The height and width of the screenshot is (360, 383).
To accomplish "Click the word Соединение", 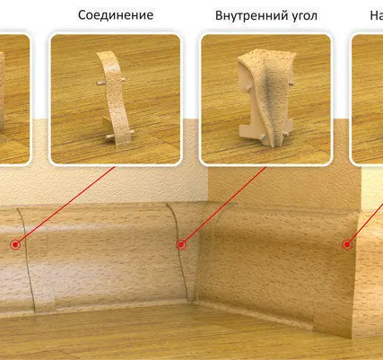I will [116, 15].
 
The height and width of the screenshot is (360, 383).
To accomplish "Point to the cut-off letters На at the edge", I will [375, 15].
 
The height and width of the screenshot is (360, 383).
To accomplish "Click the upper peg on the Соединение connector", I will [96, 83].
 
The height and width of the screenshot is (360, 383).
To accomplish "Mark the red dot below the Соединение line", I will [15, 243].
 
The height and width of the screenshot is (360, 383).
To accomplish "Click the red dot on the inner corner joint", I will [181, 243].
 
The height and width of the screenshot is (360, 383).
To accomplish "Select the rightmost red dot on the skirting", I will [346, 243].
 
